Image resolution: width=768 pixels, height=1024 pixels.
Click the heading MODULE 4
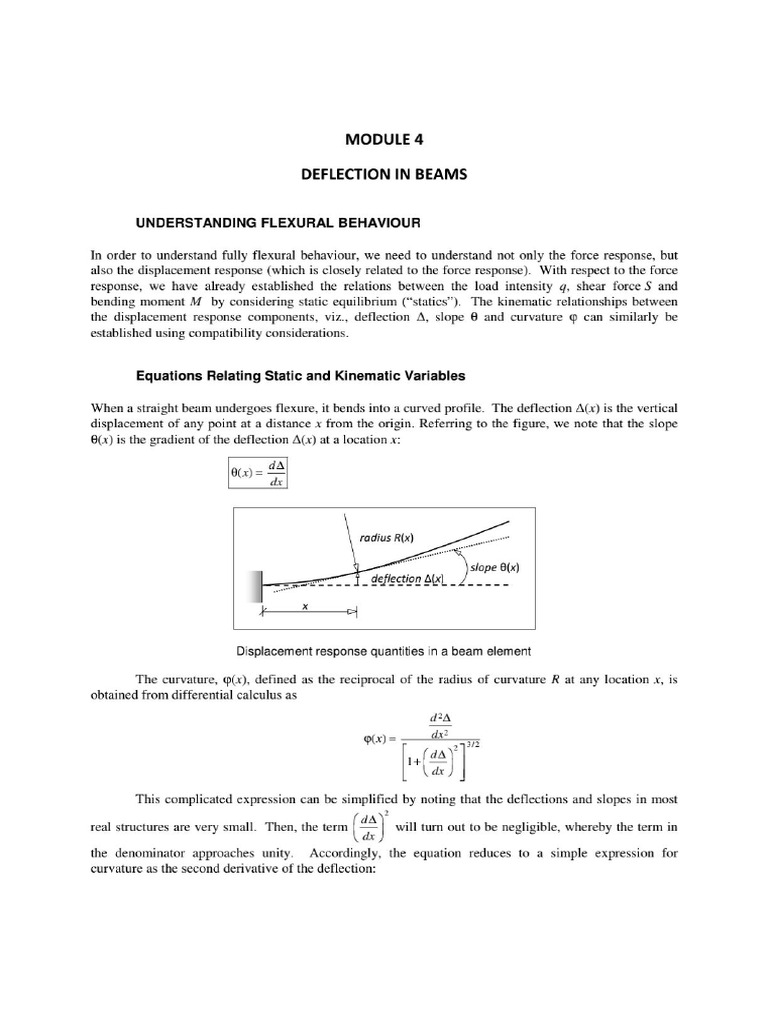385,140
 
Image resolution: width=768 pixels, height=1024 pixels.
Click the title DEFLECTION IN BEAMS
385,174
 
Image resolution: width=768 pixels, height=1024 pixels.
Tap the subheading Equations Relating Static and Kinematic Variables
301,376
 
